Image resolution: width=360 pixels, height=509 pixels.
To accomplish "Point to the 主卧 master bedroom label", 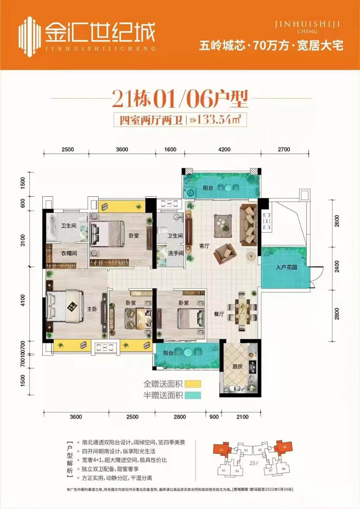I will (92, 309).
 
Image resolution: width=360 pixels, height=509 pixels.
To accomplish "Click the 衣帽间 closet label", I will (69, 253).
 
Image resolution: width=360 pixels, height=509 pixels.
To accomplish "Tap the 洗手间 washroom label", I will (175, 253).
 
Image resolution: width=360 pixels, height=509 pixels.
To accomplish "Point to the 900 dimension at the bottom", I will (214, 417).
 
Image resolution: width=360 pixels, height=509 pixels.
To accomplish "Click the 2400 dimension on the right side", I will (337, 270).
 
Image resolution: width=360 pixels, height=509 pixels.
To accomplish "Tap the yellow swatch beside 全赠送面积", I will (193, 384).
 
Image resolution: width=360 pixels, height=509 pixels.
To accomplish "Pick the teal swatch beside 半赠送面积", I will (193, 396).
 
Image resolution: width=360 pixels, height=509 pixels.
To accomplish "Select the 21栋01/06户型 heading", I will (180, 100).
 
